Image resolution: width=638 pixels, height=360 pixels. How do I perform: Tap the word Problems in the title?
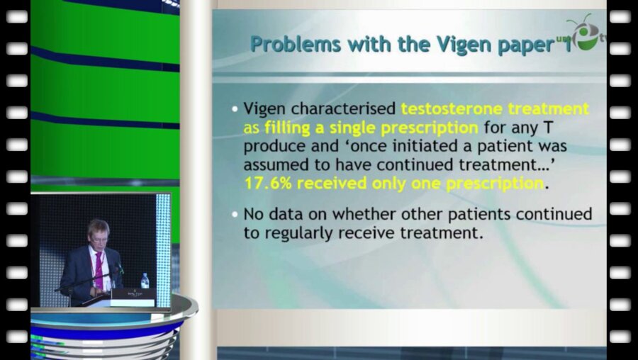(x=296, y=43)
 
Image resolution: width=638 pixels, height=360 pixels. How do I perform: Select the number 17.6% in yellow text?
(x=268, y=184)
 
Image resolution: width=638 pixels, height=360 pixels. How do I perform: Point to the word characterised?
(x=345, y=108)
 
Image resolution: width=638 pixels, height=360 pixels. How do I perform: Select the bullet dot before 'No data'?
(x=235, y=214)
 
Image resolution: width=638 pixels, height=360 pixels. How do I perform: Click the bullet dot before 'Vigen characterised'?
(x=235, y=109)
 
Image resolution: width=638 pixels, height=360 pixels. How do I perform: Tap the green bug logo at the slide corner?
(x=584, y=33)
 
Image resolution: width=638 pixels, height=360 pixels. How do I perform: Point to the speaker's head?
(x=98, y=231)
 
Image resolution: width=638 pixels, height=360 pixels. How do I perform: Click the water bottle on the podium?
(x=145, y=281)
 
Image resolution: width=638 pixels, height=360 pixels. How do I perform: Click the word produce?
(x=274, y=147)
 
